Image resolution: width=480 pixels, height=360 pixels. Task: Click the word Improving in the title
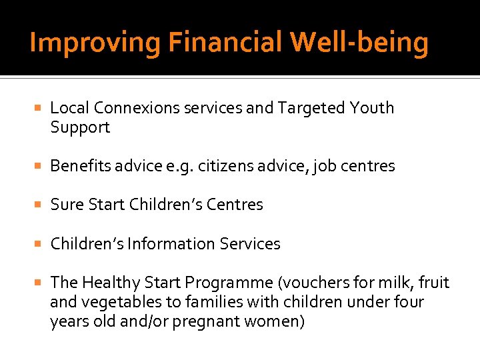click(x=95, y=43)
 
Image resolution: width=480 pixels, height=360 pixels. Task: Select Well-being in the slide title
click(x=359, y=43)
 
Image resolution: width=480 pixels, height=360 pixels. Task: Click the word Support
click(x=80, y=127)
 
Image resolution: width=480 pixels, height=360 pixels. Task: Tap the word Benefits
click(x=81, y=166)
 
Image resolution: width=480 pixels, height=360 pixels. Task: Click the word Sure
click(x=65, y=205)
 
